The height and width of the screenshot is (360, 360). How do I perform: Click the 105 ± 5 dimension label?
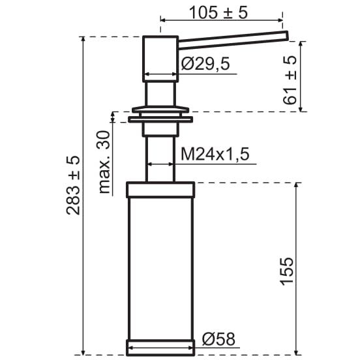(218, 12)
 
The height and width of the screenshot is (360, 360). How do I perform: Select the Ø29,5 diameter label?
(205, 64)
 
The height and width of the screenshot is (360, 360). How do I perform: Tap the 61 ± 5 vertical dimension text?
(290, 80)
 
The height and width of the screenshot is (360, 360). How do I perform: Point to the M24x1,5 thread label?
(215, 154)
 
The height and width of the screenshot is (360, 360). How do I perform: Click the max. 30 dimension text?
(104, 162)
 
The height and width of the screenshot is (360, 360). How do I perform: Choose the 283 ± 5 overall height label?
(73, 185)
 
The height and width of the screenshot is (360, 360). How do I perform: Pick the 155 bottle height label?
(287, 271)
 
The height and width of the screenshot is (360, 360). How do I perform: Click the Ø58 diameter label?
(218, 339)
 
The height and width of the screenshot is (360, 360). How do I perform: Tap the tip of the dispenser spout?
(287, 35)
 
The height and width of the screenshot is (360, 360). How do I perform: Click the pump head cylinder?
(160, 59)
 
